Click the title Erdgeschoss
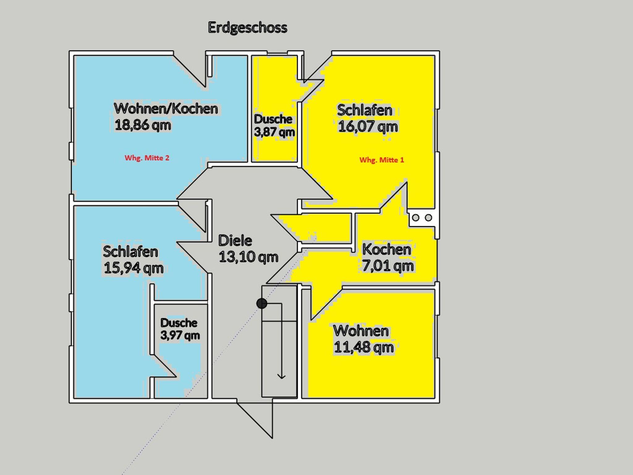point(248,28)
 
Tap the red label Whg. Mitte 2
point(147,158)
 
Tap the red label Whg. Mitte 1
point(382,160)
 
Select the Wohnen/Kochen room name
point(166,108)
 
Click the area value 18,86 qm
point(143,125)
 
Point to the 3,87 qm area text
point(274,132)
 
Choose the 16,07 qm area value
point(368,127)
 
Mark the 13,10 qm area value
point(249,257)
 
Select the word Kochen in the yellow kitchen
point(387,249)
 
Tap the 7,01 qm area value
point(388,266)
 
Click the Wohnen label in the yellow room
point(361,331)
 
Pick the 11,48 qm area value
point(364,347)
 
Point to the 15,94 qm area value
point(134,268)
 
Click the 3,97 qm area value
point(180,335)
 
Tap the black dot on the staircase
point(262,304)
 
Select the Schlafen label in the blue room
point(130,251)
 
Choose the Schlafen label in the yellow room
point(365,110)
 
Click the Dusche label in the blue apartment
point(179,323)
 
